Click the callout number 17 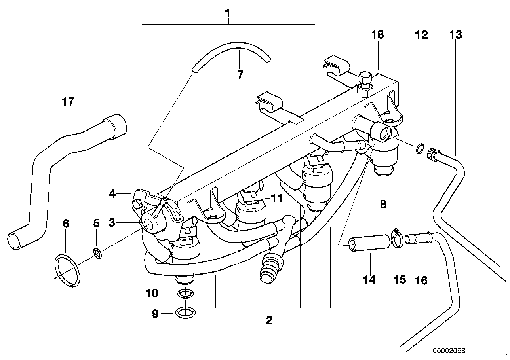pos(68,102)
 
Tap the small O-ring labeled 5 pos(97,253)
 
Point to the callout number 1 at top pos(228,13)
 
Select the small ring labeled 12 pos(420,149)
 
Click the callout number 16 pos(421,280)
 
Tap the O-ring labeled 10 pos(185,293)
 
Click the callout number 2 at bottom pos(269,320)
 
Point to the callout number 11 pos(277,198)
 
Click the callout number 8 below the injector pos(383,204)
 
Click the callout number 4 pos(113,194)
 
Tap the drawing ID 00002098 pos(449,351)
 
